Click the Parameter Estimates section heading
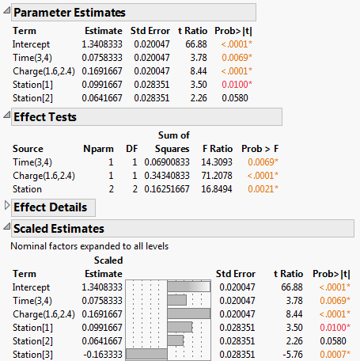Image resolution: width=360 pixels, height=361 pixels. point(70,13)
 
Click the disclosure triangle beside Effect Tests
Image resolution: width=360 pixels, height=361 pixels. point(7,117)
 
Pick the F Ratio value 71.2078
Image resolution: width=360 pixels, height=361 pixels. point(214,175)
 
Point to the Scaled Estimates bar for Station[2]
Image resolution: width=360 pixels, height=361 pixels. point(176,340)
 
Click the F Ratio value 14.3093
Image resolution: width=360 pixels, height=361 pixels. point(214,161)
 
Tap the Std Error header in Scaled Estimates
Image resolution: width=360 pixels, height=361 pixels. point(235,272)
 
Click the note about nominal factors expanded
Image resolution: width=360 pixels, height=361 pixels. point(89,245)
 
